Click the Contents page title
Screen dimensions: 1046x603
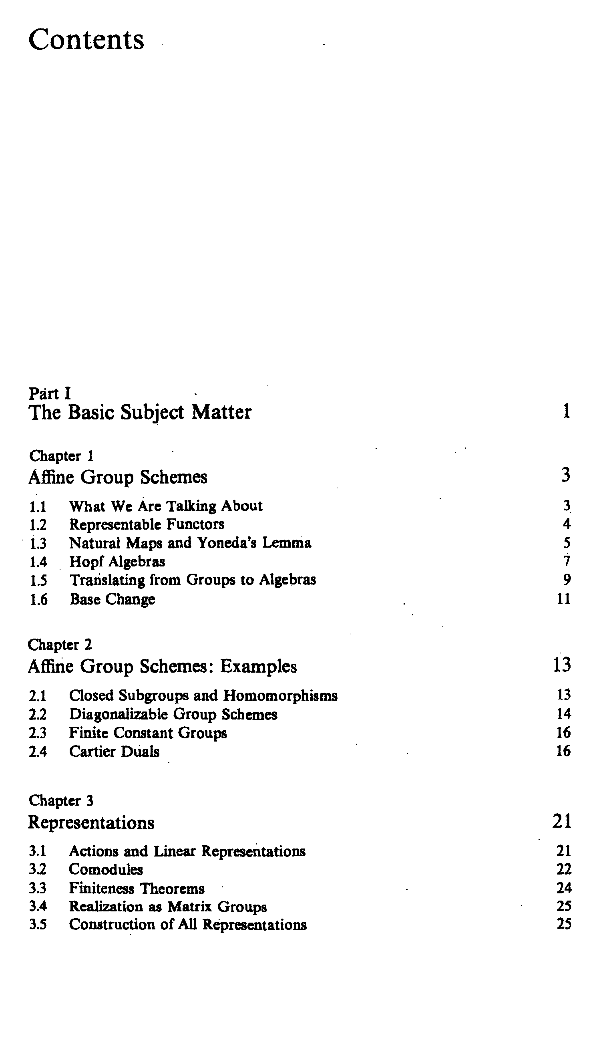[x=86, y=40]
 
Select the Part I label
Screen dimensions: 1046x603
[x=50, y=393]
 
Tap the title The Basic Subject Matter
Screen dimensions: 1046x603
[x=140, y=412]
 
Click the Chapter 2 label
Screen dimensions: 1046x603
[x=60, y=645]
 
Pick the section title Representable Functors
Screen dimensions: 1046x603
[x=147, y=524]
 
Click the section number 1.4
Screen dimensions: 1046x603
[x=38, y=562]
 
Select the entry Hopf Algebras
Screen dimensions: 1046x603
[x=117, y=562]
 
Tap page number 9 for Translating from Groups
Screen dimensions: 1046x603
[x=567, y=580]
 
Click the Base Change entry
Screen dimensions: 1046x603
[x=112, y=599]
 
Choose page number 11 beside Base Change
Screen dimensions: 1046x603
[x=564, y=599]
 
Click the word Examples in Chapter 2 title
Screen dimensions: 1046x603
[x=258, y=667]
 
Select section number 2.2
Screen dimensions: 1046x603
[x=38, y=715]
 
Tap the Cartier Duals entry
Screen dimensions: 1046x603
[x=114, y=752]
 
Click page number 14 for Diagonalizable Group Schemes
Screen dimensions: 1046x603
[x=564, y=714]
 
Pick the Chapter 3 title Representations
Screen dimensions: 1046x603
[x=91, y=822]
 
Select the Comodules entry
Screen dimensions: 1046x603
[x=106, y=869]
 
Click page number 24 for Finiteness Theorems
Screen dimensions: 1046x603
[x=564, y=888]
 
